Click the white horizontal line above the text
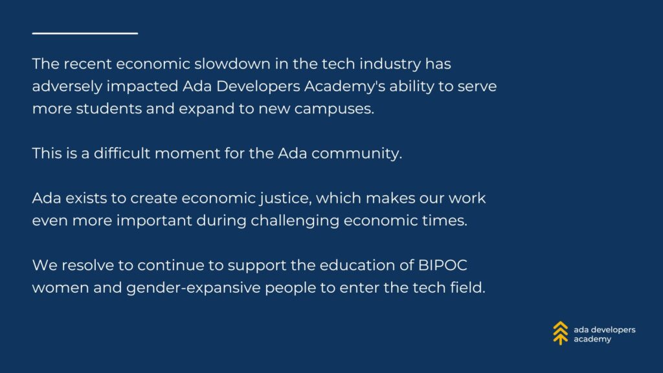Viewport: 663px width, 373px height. [85, 33]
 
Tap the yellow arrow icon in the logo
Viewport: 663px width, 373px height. [560, 333]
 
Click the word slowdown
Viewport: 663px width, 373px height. [232, 64]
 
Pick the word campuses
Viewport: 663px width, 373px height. [334, 109]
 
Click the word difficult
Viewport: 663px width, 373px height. [122, 153]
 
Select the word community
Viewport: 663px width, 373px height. [357, 154]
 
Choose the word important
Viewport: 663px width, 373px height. [154, 221]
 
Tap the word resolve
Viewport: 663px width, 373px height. [88, 265]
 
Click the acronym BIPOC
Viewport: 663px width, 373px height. [443, 265]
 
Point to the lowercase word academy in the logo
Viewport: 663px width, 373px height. [592, 339]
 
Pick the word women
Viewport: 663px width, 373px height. [60, 288]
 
